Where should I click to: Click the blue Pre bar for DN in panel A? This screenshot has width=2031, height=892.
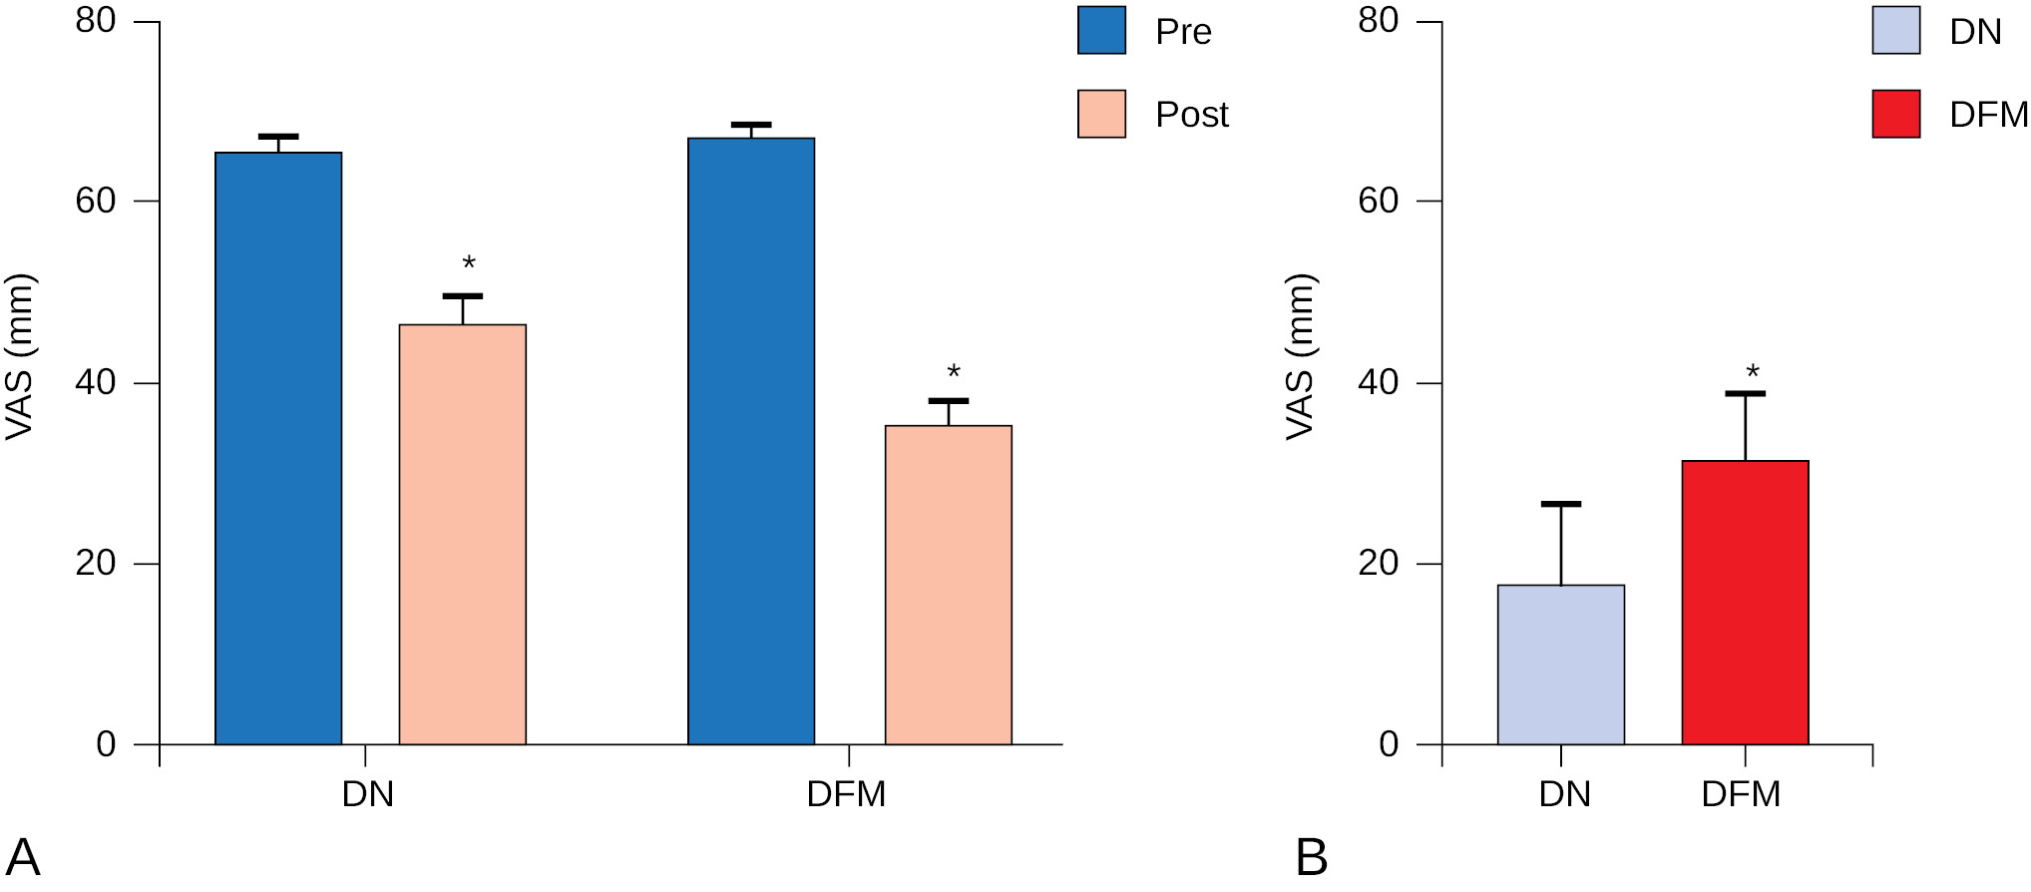pyautogui.click(x=278, y=449)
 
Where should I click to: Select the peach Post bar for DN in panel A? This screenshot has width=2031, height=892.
pyautogui.click(x=462, y=535)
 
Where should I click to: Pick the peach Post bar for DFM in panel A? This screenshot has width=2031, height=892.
pyautogui.click(x=948, y=585)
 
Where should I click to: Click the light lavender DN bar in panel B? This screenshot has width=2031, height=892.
pyautogui.click(x=1560, y=665)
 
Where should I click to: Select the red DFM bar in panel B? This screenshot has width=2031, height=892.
pyautogui.click(x=1745, y=603)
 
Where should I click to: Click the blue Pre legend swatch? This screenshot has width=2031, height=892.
pyautogui.click(x=1101, y=31)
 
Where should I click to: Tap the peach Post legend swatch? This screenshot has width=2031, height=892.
pyautogui.click(x=1101, y=114)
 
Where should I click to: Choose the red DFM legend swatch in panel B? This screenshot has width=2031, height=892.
pyautogui.click(x=1895, y=114)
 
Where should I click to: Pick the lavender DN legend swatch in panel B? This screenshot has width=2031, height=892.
pyautogui.click(x=1895, y=31)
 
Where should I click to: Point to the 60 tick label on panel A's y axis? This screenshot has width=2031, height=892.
pyautogui.click(x=96, y=202)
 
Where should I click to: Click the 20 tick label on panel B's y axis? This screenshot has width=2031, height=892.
pyautogui.click(x=1378, y=564)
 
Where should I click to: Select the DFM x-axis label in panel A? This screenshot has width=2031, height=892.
pyautogui.click(x=846, y=795)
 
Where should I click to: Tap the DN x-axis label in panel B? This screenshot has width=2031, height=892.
pyautogui.click(x=1564, y=795)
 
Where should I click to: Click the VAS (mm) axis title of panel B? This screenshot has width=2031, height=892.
pyautogui.click(x=1301, y=356)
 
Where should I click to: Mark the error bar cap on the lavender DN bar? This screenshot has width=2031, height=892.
pyautogui.click(x=1560, y=504)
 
